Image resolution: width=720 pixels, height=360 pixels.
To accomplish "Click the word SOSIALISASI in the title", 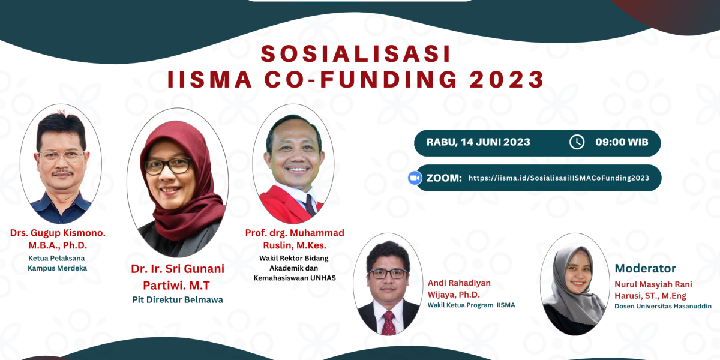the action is click(356, 53).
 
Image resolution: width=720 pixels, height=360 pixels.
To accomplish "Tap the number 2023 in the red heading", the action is click(507, 79).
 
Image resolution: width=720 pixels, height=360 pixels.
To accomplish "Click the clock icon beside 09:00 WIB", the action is click(577, 142).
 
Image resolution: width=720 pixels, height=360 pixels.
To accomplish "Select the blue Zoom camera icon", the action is click(415, 178).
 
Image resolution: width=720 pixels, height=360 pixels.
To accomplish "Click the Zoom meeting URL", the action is click(559, 178).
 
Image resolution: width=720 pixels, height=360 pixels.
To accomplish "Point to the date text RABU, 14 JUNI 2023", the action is click(478, 142).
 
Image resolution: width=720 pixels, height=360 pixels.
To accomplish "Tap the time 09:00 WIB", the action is click(622, 142).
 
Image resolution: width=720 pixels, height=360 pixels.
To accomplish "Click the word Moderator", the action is click(645, 268).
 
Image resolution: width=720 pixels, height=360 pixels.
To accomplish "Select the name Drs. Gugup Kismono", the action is click(58, 233).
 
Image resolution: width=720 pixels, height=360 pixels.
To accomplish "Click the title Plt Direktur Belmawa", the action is click(178, 300).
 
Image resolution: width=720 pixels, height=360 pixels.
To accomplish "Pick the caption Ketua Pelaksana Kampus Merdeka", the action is click(57, 263).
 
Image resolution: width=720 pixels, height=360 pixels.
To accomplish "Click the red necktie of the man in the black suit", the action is click(389, 323).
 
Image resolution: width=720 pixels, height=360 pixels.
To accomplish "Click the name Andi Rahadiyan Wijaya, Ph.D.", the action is click(459, 289).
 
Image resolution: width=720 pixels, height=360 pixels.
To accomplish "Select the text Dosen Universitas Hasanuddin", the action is click(663, 307).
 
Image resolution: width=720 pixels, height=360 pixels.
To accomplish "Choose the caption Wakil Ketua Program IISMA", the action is click(471, 305).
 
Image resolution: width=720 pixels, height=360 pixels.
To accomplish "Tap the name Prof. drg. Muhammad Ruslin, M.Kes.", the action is click(295, 239).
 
